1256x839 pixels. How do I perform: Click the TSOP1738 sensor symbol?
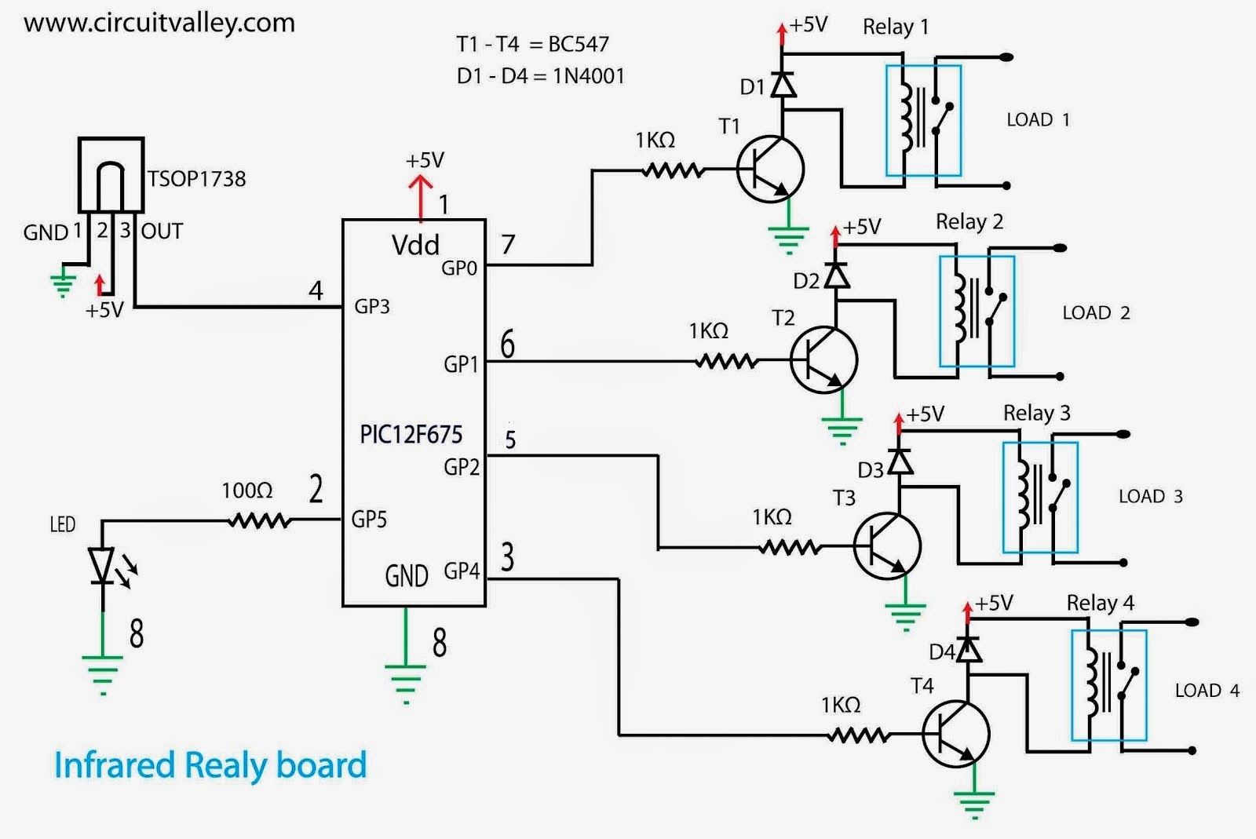(111, 175)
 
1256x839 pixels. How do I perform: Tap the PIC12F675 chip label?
(411, 434)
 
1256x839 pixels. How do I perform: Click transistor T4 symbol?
(955, 734)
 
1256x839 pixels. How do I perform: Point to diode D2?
(838, 276)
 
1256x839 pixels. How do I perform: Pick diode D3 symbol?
(900, 461)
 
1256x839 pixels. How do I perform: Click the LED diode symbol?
(102, 565)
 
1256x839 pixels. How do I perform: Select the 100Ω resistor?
(259, 520)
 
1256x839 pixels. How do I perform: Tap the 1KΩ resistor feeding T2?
(727, 361)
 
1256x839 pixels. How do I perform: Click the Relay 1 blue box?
(923, 120)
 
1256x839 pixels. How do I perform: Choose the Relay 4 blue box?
(1108, 685)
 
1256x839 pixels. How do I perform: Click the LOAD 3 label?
(1150, 496)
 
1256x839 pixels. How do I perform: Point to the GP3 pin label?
(372, 306)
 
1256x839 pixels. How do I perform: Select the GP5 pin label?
(369, 519)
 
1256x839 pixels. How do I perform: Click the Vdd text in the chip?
(415, 245)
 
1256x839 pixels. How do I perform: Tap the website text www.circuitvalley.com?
(159, 23)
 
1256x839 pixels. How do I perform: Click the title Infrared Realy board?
(210, 765)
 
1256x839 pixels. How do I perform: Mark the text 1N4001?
(588, 76)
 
